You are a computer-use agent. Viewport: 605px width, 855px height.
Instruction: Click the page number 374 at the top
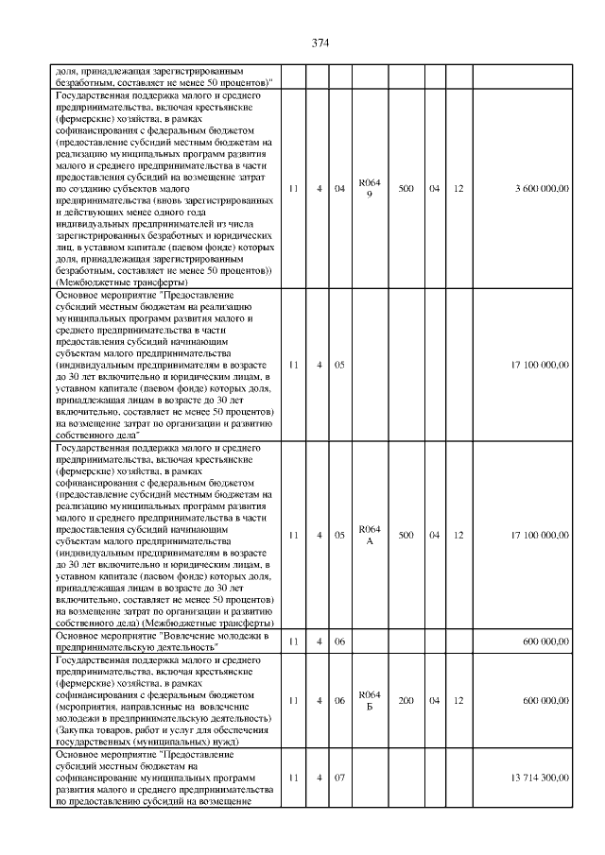tap(320, 43)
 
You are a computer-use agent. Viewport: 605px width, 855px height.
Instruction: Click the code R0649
tap(369, 189)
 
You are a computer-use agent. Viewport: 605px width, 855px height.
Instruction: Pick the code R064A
tap(369, 535)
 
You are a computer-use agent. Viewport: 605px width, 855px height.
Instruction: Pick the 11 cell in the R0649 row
tap(293, 189)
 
